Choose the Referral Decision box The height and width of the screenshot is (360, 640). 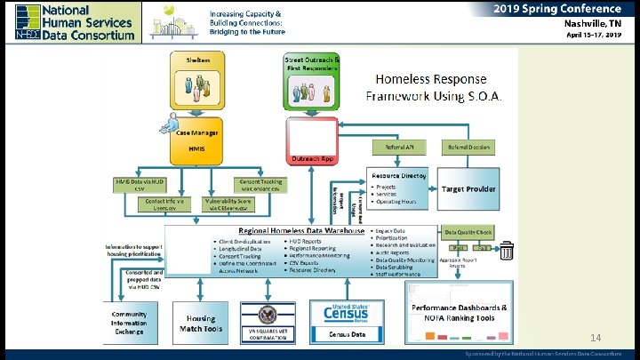coord(468,148)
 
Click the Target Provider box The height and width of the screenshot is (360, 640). coord(469,189)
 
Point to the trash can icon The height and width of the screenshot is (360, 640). coord(507,252)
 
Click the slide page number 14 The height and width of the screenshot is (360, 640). coord(596,337)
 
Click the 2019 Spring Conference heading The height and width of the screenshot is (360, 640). coord(558,8)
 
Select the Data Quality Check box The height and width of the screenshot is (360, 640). coord(468,230)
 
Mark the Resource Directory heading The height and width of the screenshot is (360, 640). coord(399,175)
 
